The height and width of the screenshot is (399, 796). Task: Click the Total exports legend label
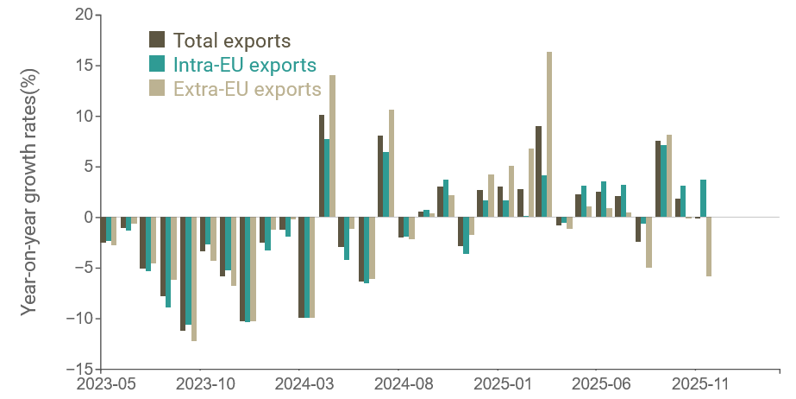(231, 41)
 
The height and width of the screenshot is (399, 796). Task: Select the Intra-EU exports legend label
(244, 65)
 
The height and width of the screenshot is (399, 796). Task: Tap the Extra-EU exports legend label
(247, 89)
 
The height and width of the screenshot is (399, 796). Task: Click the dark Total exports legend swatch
(157, 40)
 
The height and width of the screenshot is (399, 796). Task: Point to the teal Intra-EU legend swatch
(157, 64)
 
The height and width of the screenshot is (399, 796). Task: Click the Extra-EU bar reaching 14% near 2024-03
(333, 146)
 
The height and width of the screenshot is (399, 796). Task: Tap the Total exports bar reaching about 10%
(322, 166)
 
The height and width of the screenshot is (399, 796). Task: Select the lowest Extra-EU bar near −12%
(194, 279)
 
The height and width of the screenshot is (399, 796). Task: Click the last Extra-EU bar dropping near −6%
(709, 246)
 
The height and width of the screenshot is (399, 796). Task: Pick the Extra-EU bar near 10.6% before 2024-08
(392, 163)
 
